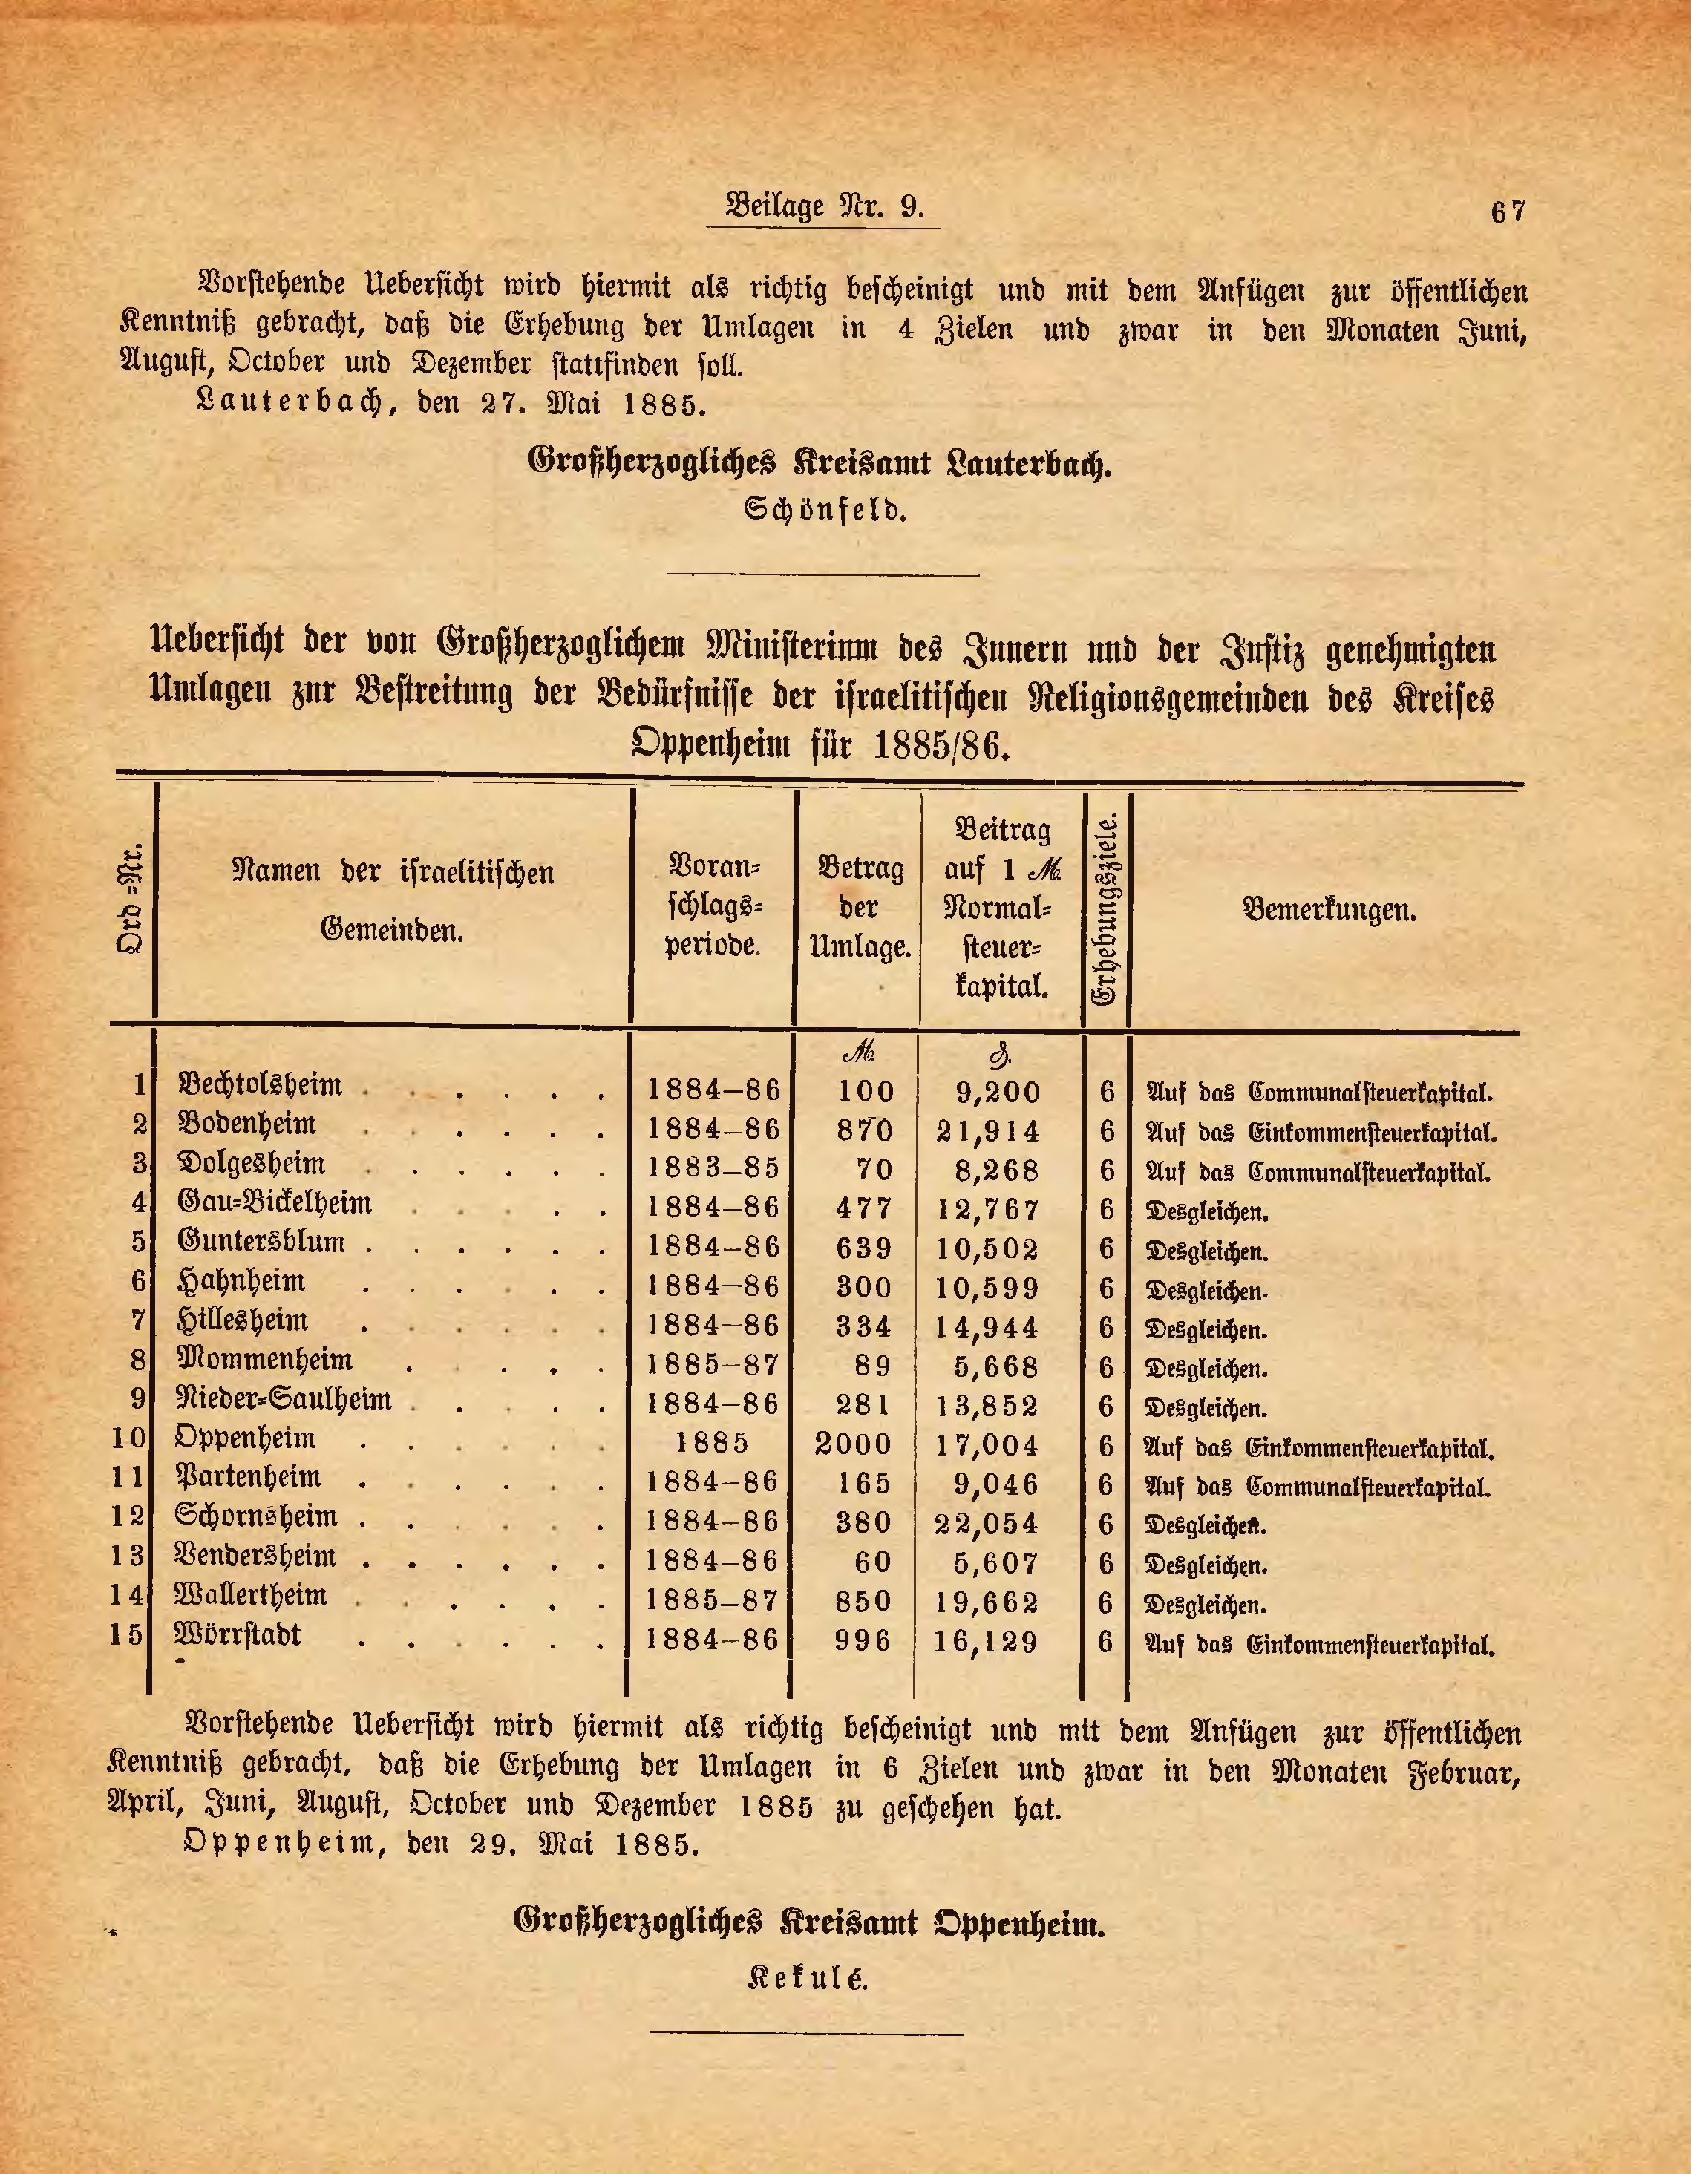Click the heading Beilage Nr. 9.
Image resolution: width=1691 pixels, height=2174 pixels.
pyautogui.click(x=825, y=206)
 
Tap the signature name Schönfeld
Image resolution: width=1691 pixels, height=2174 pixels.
pyautogui.click(x=825, y=511)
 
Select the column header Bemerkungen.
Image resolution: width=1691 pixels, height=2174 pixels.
pyautogui.click(x=1329, y=908)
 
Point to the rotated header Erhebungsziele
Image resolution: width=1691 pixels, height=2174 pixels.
pyautogui.click(x=1106, y=908)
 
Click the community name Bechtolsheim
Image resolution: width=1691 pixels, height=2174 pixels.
pyautogui.click(x=260, y=1085)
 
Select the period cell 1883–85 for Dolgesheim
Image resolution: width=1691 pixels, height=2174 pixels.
pyautogui.click(x=713, y=1168)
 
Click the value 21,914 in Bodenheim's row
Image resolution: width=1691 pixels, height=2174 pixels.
pyautogui.click(x=987, y=1131)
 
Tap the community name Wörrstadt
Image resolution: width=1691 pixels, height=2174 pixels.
pyautogui.click(x=237, y=1634)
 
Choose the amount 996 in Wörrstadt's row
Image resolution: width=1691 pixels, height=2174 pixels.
pyautogui.click(x=863, y=1640)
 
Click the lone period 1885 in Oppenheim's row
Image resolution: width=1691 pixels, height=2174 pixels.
pyautogui.click(x=712, y=1444)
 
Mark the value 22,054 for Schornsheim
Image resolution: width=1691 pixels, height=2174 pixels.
pyautogui.click(x=987, y=1523)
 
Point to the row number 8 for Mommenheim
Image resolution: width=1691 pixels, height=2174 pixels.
pyautogui.click(x=138, y=1360)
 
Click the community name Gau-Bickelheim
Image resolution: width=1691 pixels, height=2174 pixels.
pyautogui.click(x=274, y=1202)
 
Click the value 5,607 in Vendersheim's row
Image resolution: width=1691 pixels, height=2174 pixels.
pyautogui.click(x=995, y=1563)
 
